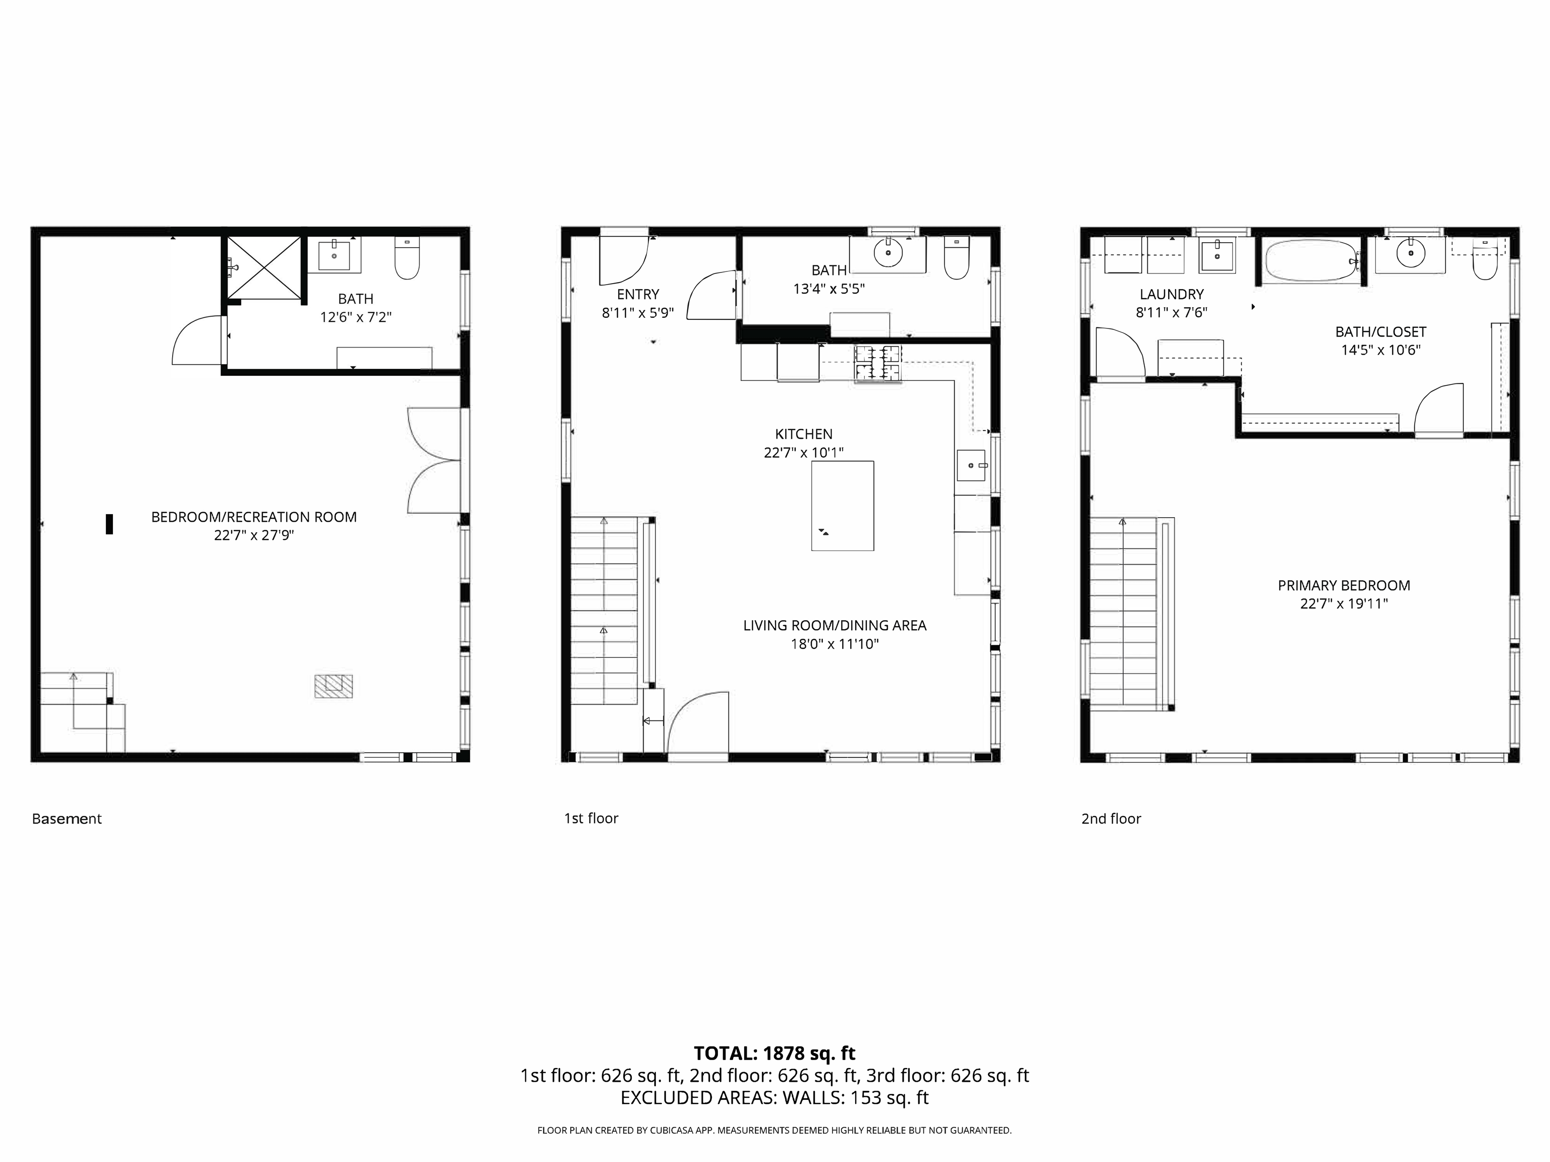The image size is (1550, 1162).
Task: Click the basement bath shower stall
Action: (x=263, y=268)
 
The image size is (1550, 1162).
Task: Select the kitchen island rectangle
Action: (x=842, y=505)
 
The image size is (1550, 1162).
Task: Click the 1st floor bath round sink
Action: (x=888, y=253)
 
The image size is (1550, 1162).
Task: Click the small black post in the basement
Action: (x=109, y=524)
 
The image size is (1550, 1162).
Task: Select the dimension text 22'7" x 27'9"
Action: (x=254, y=535)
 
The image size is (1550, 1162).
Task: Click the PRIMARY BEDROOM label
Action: (x=1343, y=585)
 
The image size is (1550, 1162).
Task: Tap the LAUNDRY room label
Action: (x=1171, y=294)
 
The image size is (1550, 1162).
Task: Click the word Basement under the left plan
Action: (x=67, y=818)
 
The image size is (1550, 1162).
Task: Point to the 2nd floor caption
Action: (x=1111, y=818)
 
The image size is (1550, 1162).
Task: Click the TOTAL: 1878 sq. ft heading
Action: (x=774, y=1054)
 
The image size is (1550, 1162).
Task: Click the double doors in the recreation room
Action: (x=434, y=461)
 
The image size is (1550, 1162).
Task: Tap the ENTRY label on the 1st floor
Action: (x=638, y=294)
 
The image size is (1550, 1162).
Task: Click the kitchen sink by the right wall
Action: (x=971, y=465)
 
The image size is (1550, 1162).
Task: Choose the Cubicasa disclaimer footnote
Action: (x=774, y=1130)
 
